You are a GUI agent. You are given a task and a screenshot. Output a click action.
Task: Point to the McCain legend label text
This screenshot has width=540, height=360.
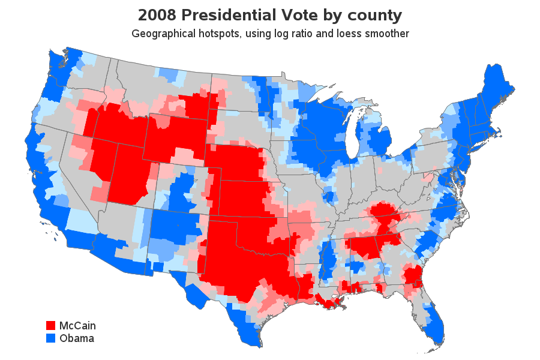(x=77, y=326)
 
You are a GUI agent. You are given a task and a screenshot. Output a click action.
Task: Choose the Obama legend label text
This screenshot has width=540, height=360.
(x=77, y=338)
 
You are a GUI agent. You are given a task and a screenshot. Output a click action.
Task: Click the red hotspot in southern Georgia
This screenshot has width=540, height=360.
(x=412, y=277)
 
